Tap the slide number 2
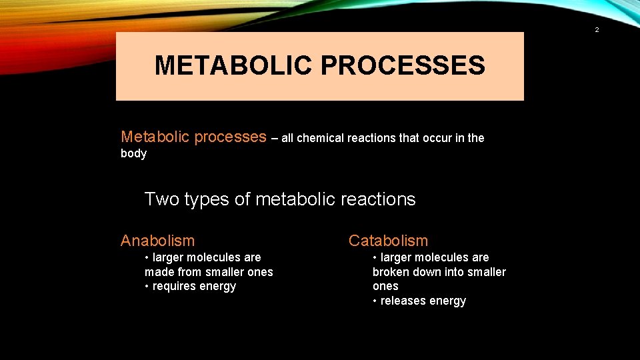(x=597, y=30)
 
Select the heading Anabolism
(x=157, y=241)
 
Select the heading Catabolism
(x=388, y=241)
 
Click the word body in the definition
(x=133, y=153)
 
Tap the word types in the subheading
(x=205, y=199)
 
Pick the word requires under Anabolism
(x=175, y=286)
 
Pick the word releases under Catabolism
(x=403, y=301)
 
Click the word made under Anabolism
(x=158, y=271)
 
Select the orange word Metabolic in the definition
(x=154, y=137)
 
